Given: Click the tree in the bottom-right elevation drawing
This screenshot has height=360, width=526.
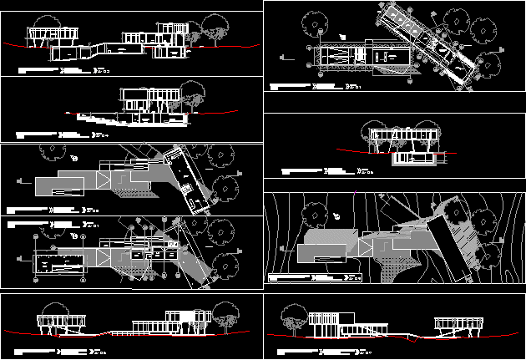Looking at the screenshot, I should (293, 317).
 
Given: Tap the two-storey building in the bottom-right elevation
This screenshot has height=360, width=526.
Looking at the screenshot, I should (331, 322).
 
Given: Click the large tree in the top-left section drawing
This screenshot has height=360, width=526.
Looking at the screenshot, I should (216, 28).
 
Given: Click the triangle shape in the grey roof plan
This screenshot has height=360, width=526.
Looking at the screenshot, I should (103, 181).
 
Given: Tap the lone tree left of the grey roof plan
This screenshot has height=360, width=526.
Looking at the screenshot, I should (52, 151).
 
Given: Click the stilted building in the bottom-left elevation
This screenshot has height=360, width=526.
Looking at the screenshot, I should (62, 321).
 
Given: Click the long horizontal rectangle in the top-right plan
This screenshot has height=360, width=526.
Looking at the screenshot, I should (359, 57).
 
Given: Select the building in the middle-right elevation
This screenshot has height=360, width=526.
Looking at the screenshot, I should (405, 144).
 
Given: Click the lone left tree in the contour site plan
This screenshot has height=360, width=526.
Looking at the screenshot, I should (313, 213).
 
